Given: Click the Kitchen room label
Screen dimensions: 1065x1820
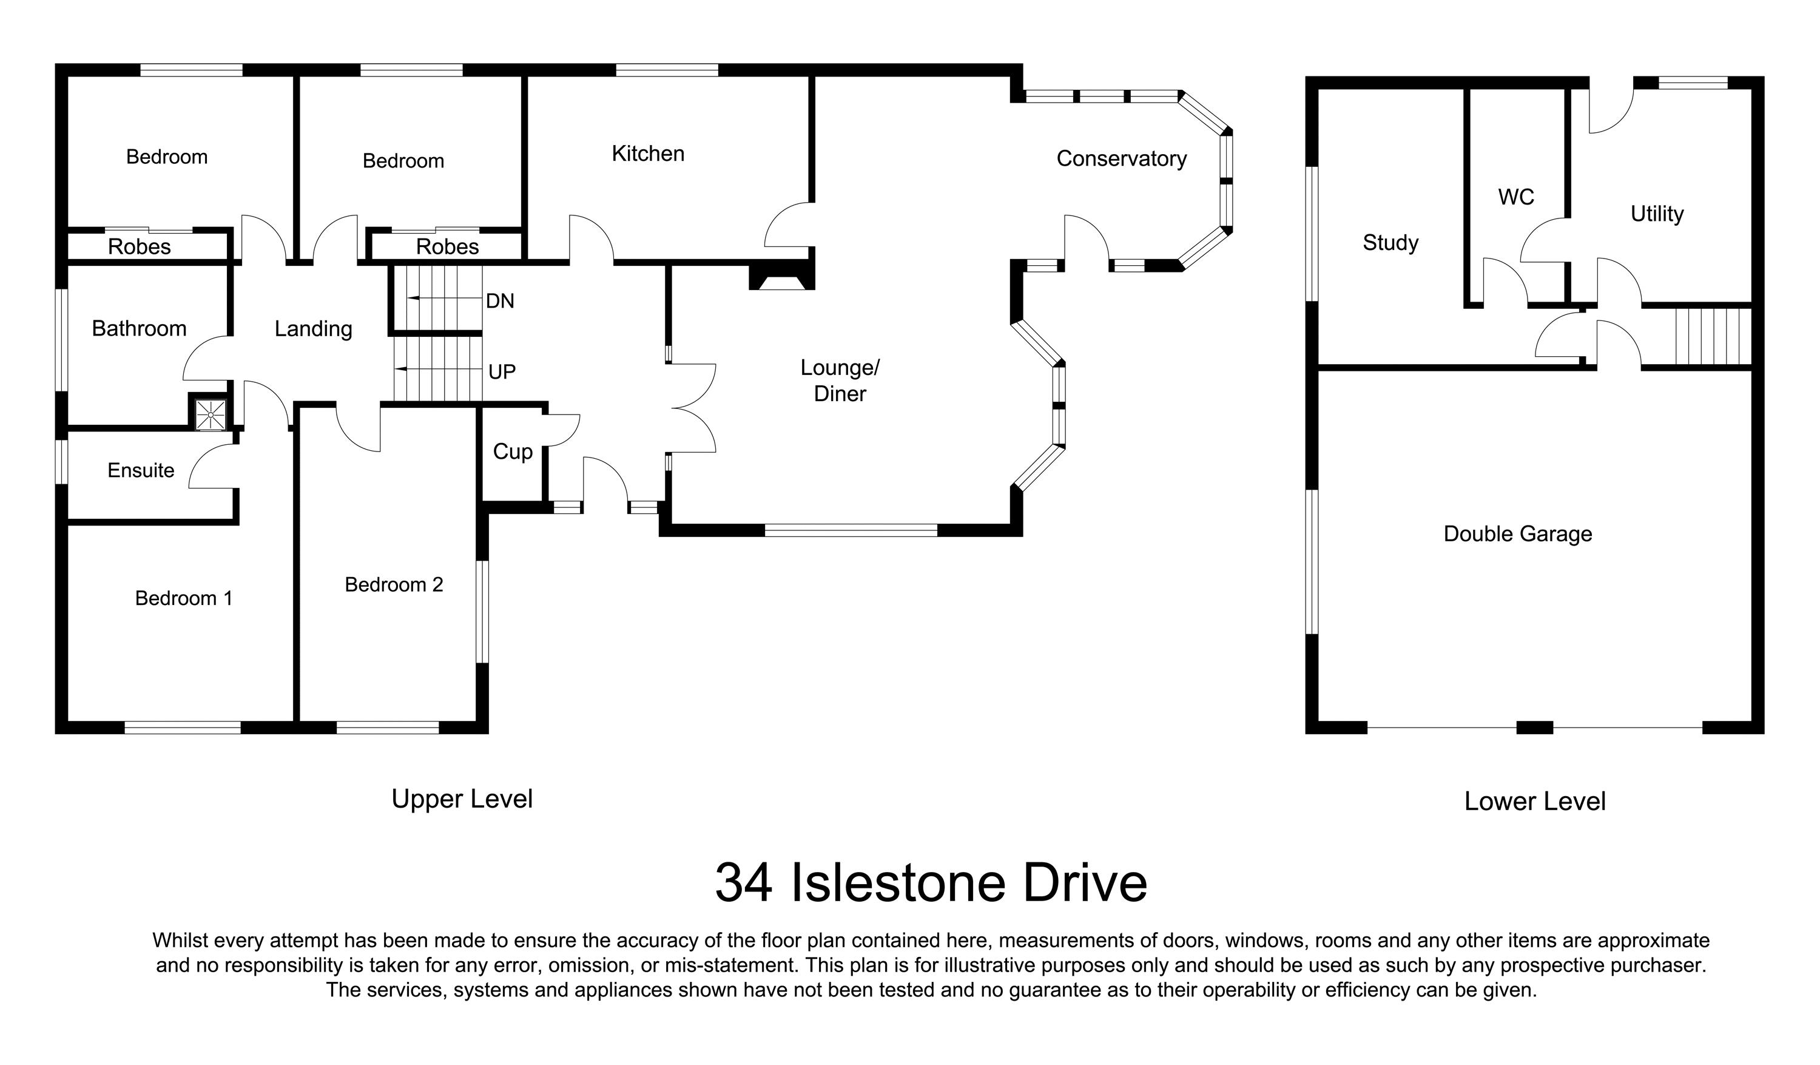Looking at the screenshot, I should [648, 154].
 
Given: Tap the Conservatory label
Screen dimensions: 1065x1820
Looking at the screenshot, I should [1121, 159].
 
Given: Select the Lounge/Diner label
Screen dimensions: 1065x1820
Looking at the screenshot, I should [839, 380].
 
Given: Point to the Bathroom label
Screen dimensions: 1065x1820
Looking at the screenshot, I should [139, 329].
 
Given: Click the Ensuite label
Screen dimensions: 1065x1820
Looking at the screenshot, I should [141, 470].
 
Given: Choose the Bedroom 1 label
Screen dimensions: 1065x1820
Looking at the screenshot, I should [183, 598].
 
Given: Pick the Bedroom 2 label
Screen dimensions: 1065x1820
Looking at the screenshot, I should [394, 584].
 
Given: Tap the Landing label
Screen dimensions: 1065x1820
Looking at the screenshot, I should [314, 330].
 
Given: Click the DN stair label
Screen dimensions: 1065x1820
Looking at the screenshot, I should [500, 301].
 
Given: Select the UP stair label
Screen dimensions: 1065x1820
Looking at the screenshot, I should [502, 372].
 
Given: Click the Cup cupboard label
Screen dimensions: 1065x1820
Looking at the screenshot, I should [513, 451].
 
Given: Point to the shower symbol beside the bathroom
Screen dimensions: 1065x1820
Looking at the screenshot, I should [210, 414].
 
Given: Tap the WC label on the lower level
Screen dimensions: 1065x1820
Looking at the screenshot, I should [1516, 197].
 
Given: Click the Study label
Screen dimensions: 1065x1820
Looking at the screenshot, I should [1390, 243].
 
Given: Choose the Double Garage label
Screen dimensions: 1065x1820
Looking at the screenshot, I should [1517, 534].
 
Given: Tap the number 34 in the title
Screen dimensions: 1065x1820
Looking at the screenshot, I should [744, 883].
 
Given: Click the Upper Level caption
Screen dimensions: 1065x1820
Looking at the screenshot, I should [462, 799].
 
